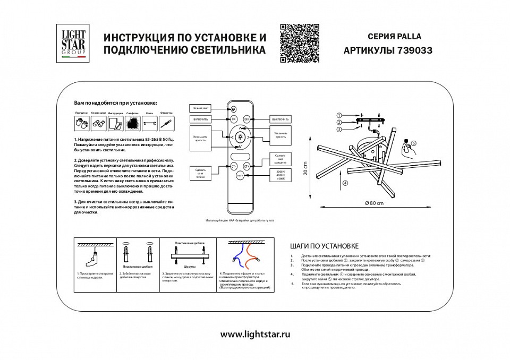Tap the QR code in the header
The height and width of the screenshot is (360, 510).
[299, 44]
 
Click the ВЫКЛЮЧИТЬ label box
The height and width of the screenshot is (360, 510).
[281, 118]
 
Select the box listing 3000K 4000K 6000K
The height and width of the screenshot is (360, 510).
[281, 175]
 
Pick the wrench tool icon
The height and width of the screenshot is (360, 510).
[149, 124]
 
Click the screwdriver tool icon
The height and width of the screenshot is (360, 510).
[166, 124]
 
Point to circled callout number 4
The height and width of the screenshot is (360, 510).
[344, 183]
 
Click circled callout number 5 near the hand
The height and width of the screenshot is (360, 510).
[429, 143]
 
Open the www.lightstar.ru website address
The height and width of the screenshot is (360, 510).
[255, 335]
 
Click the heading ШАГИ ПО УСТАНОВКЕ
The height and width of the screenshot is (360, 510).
[325, 246]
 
